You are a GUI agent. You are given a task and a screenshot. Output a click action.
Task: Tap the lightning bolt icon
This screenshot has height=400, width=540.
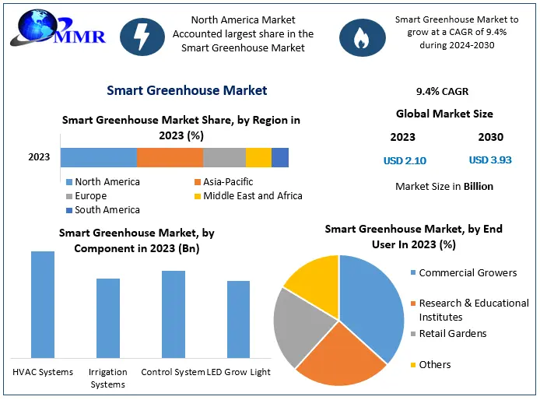[142, 34]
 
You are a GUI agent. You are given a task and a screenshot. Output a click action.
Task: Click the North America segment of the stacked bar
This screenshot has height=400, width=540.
[98, 157]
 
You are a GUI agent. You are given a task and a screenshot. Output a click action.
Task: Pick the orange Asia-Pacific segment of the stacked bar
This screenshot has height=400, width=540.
[170, 157]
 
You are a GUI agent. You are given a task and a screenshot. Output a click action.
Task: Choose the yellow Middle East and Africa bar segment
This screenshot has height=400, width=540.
[258, 157]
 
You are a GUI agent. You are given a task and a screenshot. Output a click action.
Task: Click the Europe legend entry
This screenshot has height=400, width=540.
[91, 196]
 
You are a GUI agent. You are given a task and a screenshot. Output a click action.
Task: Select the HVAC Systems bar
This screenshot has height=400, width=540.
[43, 304]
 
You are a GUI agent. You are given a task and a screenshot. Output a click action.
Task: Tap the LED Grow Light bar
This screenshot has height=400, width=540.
[238, 319]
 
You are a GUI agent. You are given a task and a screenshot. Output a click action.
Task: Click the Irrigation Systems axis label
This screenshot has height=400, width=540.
[107, 378]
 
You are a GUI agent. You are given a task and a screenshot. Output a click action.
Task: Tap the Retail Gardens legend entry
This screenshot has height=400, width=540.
[452, 334]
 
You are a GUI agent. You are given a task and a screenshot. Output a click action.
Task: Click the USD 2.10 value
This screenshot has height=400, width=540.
[405, 161]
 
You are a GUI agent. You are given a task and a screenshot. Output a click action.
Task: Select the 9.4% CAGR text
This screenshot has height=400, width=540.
[443, 91]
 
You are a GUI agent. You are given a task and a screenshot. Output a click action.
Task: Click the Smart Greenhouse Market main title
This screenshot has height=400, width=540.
[187, 90]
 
